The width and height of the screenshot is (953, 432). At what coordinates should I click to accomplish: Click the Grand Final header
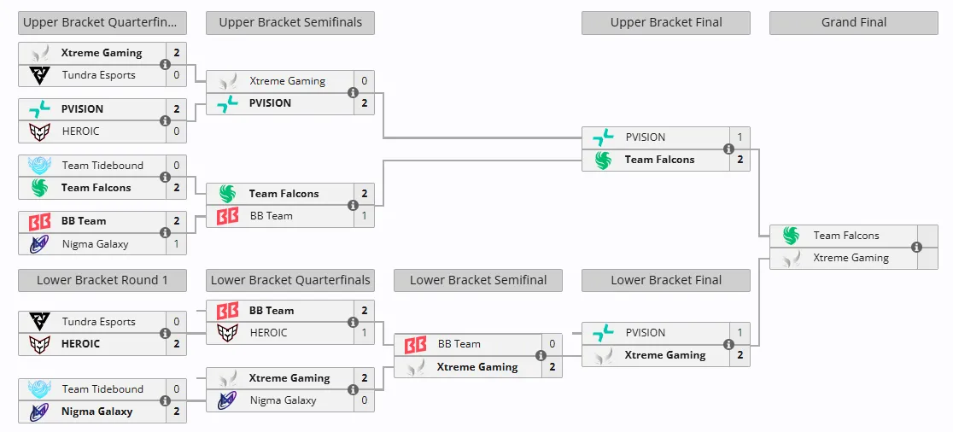853,23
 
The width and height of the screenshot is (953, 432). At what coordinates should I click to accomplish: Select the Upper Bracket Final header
665,23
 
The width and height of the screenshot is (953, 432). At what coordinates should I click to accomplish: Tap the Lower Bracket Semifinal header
477,280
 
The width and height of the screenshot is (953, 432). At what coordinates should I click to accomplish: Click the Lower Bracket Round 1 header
102,280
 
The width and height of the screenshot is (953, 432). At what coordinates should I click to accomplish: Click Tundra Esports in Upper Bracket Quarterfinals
98,75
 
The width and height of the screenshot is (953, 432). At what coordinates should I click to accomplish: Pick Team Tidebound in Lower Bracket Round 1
102,388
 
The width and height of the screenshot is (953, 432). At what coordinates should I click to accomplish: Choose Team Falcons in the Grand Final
846,236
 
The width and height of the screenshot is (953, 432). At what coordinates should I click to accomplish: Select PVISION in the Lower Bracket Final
646,333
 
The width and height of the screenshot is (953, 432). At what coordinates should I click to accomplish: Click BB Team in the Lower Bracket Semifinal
459,344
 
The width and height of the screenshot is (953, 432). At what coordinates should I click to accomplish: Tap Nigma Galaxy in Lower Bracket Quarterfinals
283,400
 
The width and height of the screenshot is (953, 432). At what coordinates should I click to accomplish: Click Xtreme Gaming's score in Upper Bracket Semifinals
364,81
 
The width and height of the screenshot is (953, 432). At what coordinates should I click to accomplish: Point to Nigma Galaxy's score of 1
176,243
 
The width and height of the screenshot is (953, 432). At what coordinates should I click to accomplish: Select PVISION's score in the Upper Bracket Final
740,137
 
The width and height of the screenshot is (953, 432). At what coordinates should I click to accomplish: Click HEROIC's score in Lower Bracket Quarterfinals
364,332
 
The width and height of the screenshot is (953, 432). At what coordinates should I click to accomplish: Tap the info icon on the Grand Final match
916,248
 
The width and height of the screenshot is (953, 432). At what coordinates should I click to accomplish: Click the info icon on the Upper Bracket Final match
728,149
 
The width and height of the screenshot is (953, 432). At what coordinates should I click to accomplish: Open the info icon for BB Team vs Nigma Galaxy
165,233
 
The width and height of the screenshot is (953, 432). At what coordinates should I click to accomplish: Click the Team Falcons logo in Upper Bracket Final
603,161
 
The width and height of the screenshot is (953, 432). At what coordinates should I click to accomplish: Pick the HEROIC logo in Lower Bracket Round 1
39,345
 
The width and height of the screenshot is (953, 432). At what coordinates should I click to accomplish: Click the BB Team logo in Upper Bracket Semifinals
227,216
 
